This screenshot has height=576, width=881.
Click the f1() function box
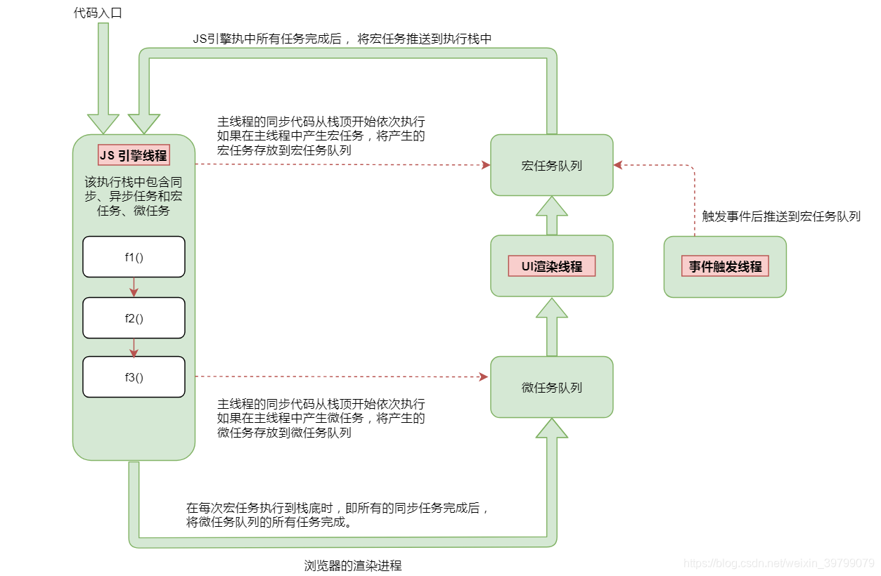point(134,256)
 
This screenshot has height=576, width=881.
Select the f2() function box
point(134,318)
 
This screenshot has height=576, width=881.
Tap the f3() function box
point(134,377)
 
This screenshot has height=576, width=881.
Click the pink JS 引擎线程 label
point(133,155)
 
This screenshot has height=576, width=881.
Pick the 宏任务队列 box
point(551,166)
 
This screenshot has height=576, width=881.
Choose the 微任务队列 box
point(551,387)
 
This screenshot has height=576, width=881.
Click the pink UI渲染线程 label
point(551,266)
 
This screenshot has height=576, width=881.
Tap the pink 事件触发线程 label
point(725,266)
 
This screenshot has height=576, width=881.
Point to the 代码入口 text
point(98,13)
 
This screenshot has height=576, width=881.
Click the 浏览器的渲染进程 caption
point(353,565)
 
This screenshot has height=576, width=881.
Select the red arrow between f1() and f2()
point(134,287)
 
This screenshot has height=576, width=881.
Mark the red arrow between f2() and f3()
point(134,347)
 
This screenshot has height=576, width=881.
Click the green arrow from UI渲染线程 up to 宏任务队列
point(551,215)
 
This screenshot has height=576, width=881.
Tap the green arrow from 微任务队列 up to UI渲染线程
point(551,327)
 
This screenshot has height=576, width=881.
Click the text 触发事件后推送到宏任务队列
point(781,216)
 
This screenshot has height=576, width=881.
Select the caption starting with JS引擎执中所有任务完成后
point(342,39)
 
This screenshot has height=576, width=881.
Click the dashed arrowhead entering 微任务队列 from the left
point(484,377)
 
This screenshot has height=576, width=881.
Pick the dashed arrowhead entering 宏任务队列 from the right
point(617,166)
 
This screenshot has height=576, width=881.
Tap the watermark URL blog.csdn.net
point(778,563)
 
